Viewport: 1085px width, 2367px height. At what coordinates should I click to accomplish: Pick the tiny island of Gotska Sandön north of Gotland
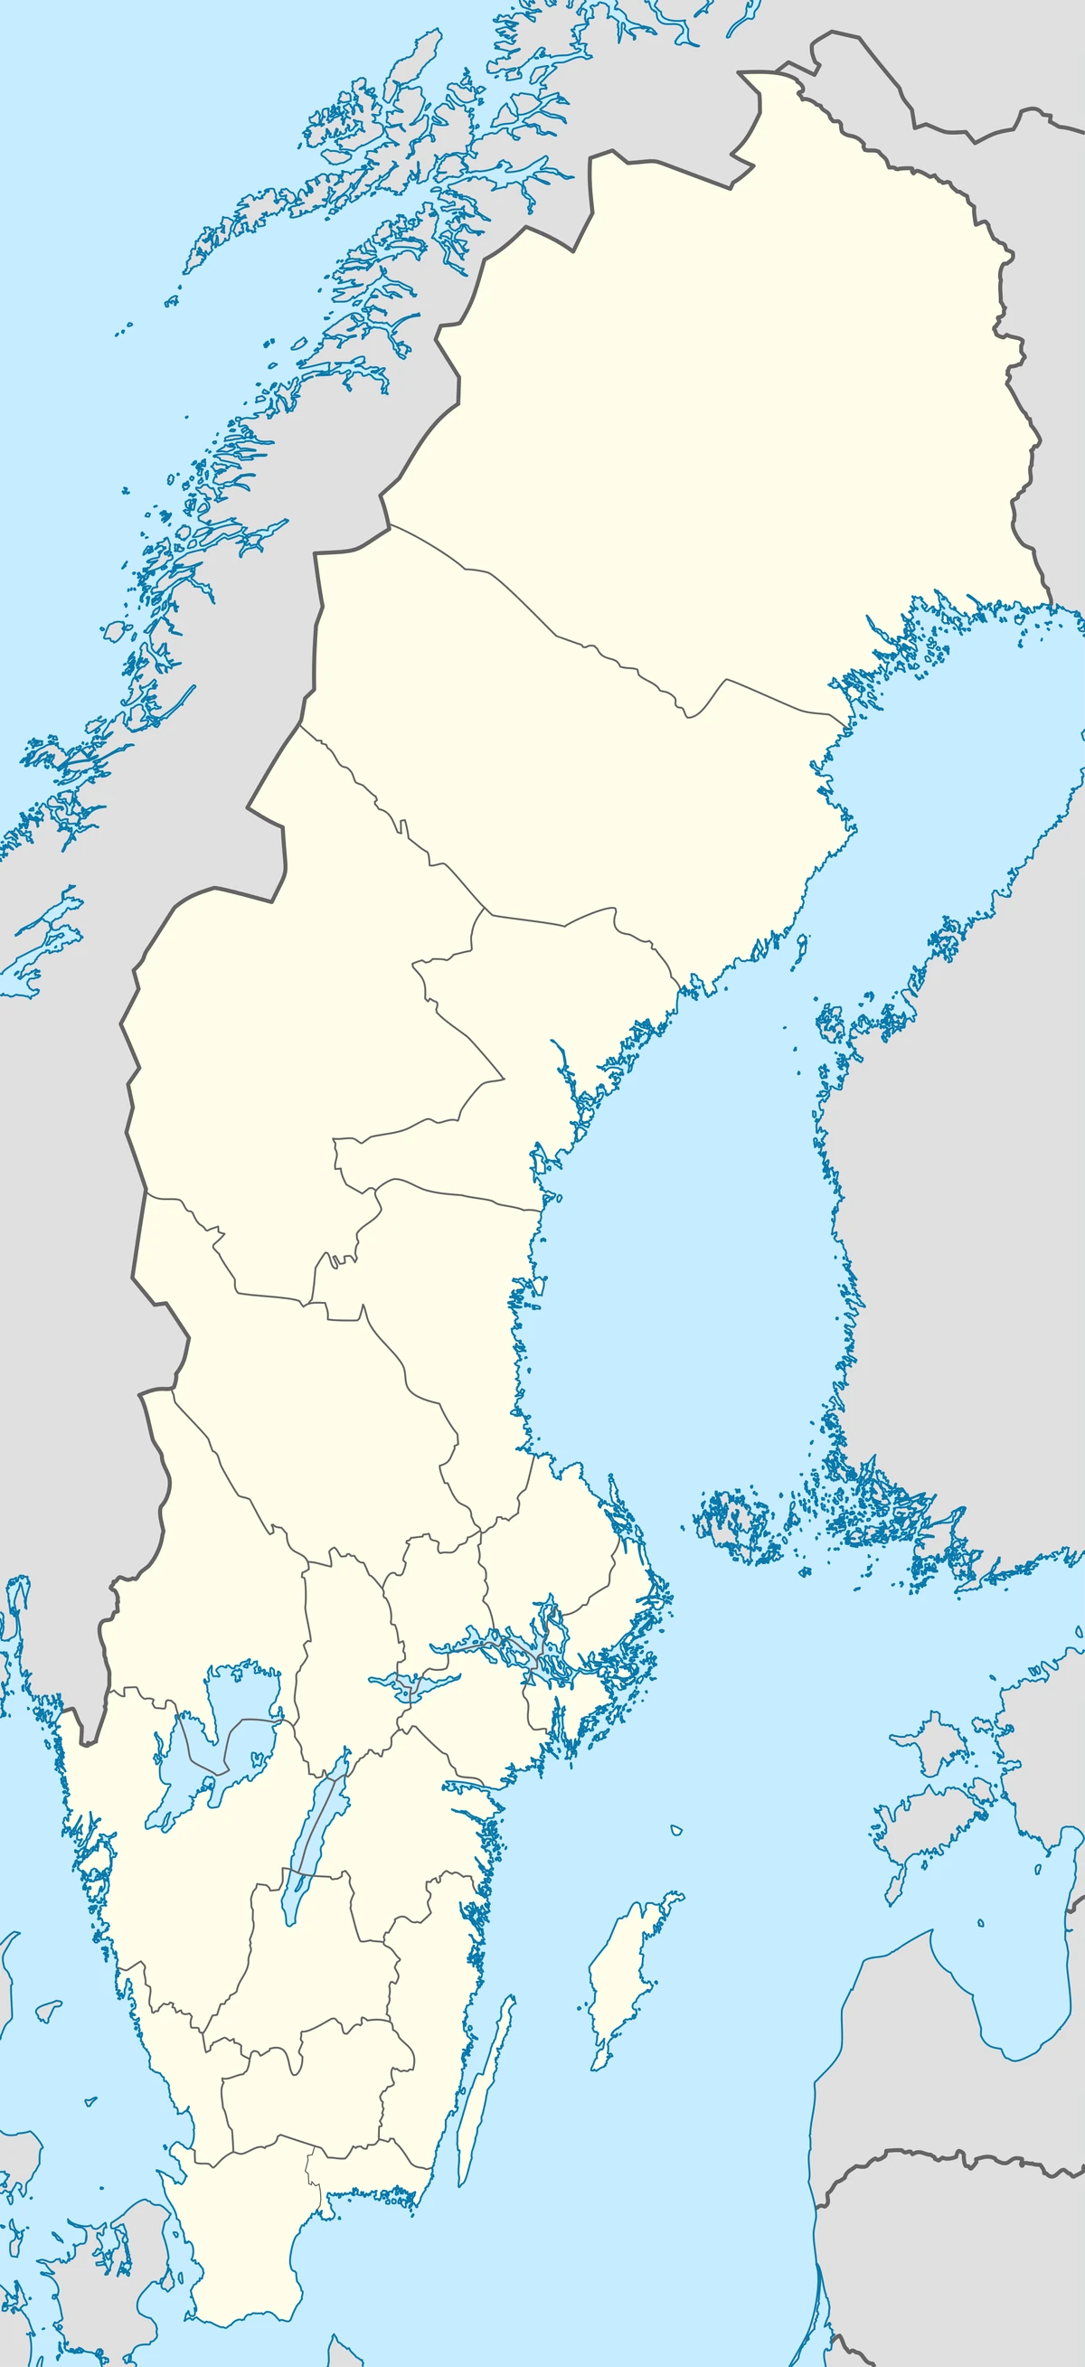click(x=676, y=1829)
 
